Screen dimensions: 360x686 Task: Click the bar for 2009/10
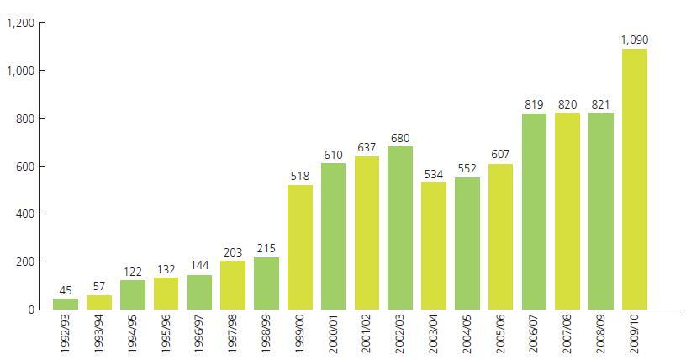pos(635,179)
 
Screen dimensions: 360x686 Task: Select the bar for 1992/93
pos(65,304)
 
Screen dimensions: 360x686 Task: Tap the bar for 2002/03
pos(400,228)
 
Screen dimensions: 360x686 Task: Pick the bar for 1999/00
pos(299,247)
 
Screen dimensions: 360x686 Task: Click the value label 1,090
pos(635,40)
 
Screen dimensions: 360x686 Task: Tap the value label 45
pos(65,290)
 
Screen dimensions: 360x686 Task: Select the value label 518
pos(299,176)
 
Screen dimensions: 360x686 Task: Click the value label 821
pos(601,104)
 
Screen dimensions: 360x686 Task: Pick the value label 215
pos(266,248)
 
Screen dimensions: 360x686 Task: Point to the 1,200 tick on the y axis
pos(19,23)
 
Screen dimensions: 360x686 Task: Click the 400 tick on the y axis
pos(24,214)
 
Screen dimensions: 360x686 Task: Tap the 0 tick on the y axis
pos(30,310)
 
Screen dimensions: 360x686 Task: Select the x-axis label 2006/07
pos(535,336)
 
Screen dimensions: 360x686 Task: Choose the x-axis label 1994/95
pos(133,336)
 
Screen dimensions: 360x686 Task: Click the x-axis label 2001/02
pos(367,336)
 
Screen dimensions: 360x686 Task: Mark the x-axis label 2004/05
pos(467,336)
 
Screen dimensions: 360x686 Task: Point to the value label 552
pos(467,168)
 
